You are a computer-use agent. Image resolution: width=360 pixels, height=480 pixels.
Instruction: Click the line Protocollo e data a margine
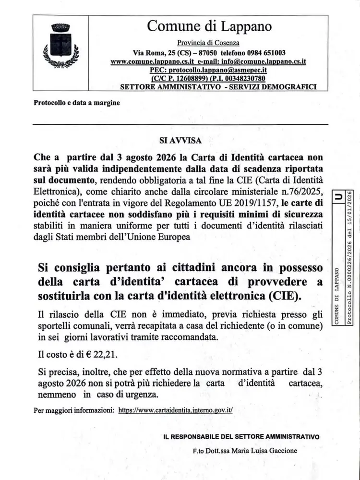[x=77, y=103]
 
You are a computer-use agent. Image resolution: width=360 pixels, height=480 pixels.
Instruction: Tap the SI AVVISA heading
[x=180, y=141]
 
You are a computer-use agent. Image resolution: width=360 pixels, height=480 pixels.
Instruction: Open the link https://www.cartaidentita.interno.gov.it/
[x=175, y=411]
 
